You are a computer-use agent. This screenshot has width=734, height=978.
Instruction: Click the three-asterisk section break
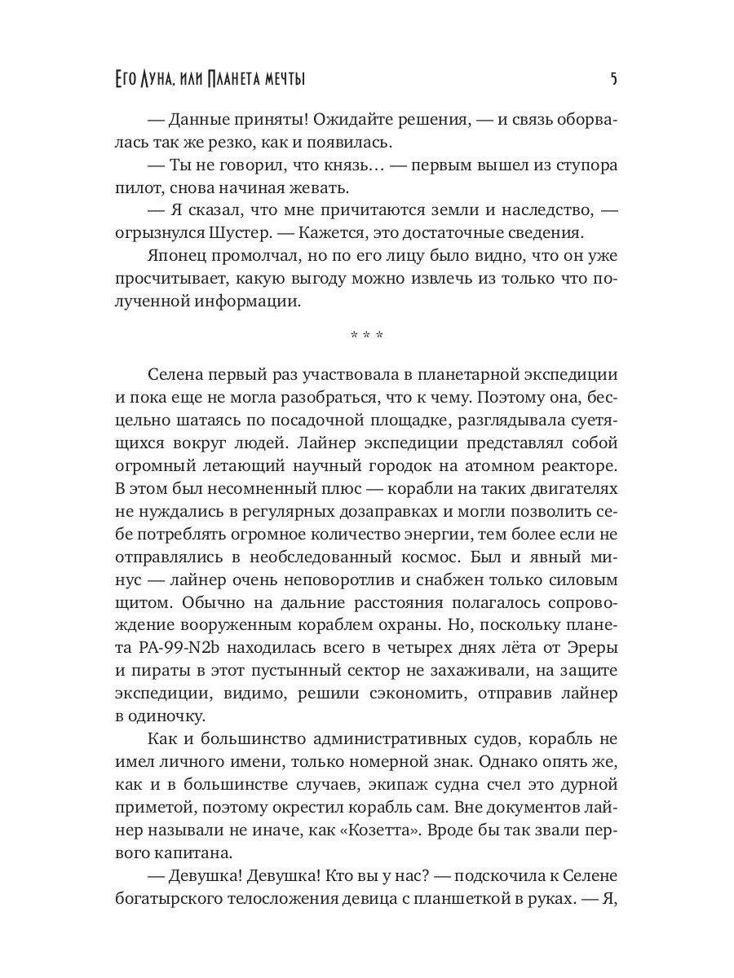tap(367, 336)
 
